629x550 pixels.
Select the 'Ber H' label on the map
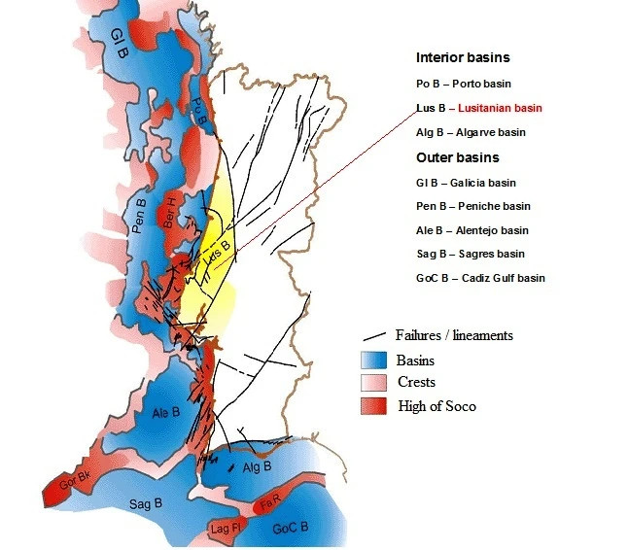point(172,207)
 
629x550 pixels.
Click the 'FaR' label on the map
point(270,504)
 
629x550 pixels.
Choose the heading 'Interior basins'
point(463,58)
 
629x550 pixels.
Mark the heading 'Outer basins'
point(457,157)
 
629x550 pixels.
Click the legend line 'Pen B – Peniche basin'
point(472,206)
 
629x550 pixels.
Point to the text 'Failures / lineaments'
point(454,335)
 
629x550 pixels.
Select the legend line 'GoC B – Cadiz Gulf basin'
point(480,278)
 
